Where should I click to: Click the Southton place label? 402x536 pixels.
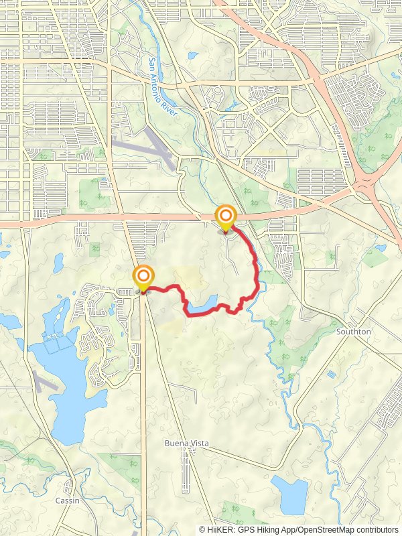coord(354,332)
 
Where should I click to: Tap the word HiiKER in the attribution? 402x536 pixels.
coord(220,529)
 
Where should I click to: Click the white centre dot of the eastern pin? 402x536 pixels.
coord(226,215)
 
